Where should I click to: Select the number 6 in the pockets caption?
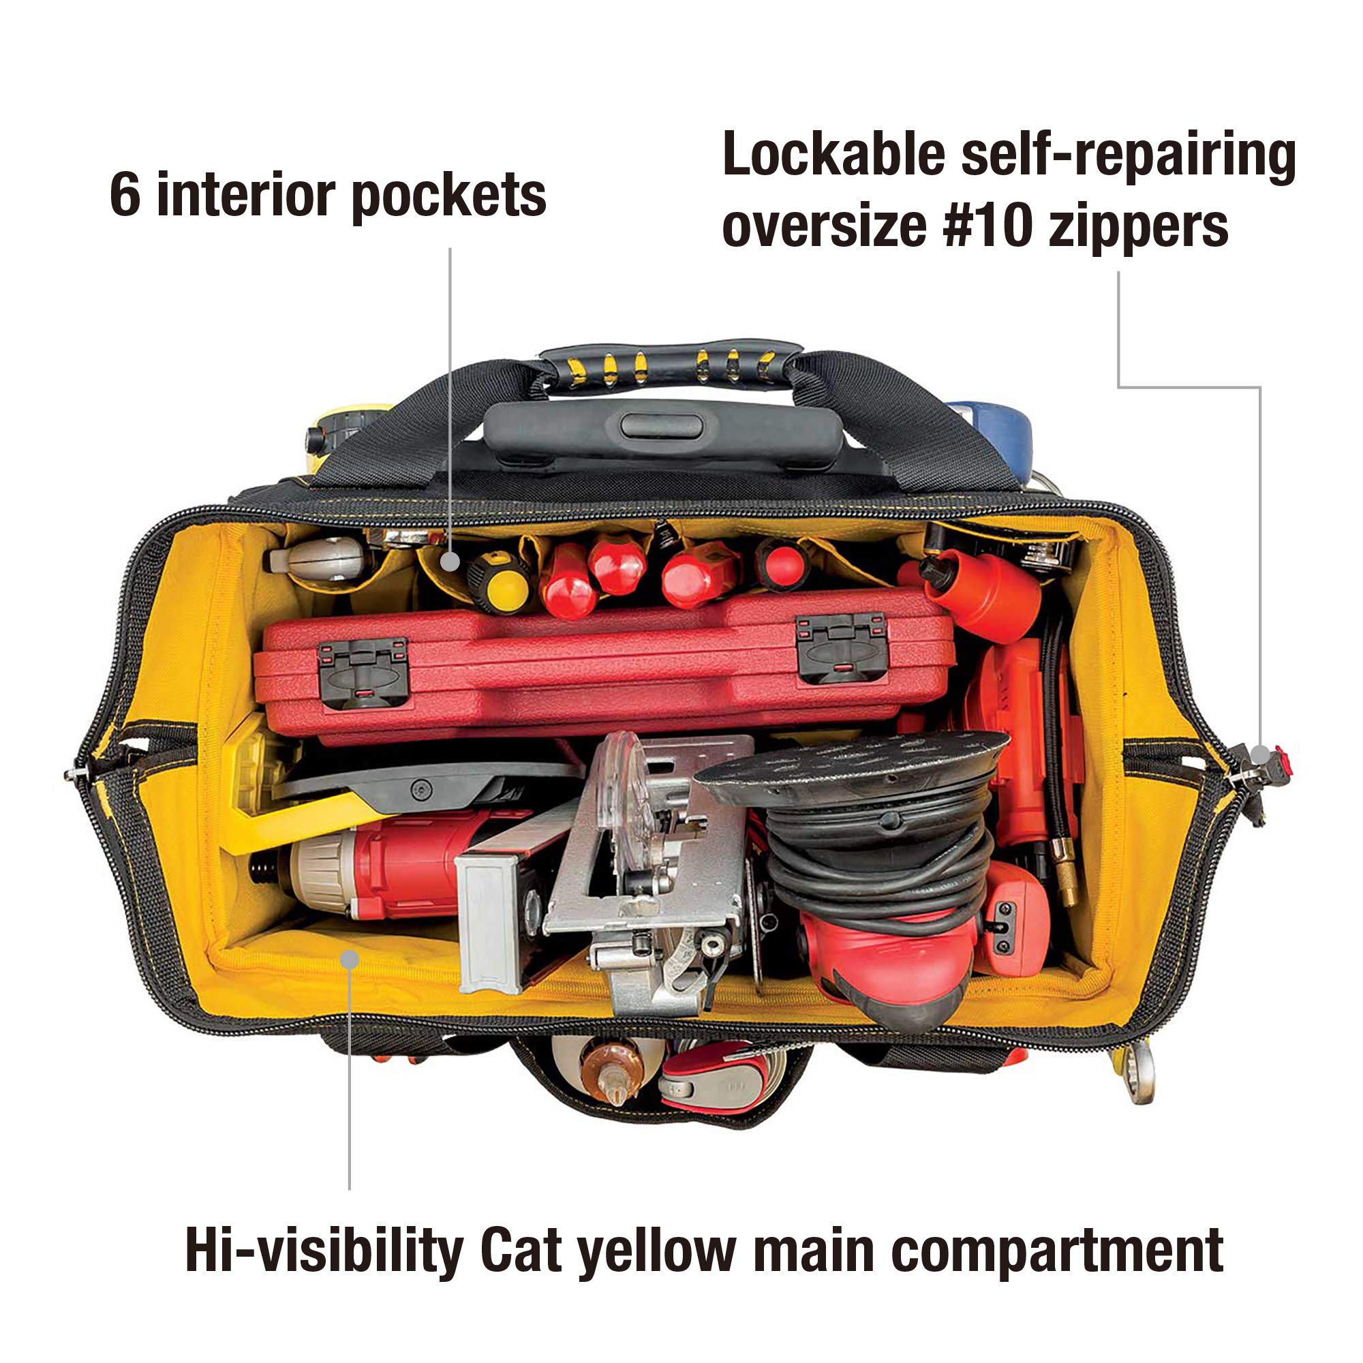(125, 196)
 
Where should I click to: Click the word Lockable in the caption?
(834, 154)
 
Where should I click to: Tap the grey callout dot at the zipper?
(1260, 755)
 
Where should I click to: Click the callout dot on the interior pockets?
(450, 562)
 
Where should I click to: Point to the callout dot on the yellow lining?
(349, 959)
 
